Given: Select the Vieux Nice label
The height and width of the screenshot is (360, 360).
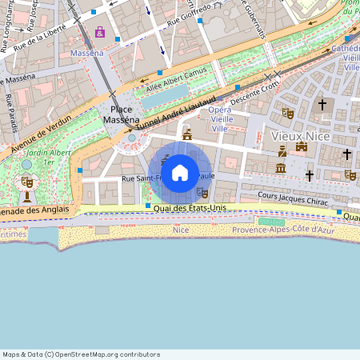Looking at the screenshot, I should click(300, 135).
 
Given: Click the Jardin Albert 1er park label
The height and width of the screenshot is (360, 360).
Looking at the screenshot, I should click(47, 155).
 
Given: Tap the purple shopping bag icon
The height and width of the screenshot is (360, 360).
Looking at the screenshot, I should click(99, 33).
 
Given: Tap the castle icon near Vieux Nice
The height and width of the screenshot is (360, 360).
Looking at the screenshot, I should click(302, 146).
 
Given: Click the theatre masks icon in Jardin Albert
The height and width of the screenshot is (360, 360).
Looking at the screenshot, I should click(26, 182).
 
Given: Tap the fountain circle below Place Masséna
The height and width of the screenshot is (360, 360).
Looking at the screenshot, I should click(132, 138).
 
